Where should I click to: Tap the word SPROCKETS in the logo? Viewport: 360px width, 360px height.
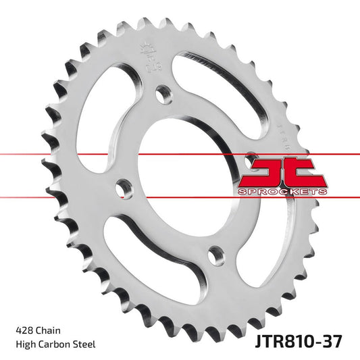[x=282, y=192]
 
